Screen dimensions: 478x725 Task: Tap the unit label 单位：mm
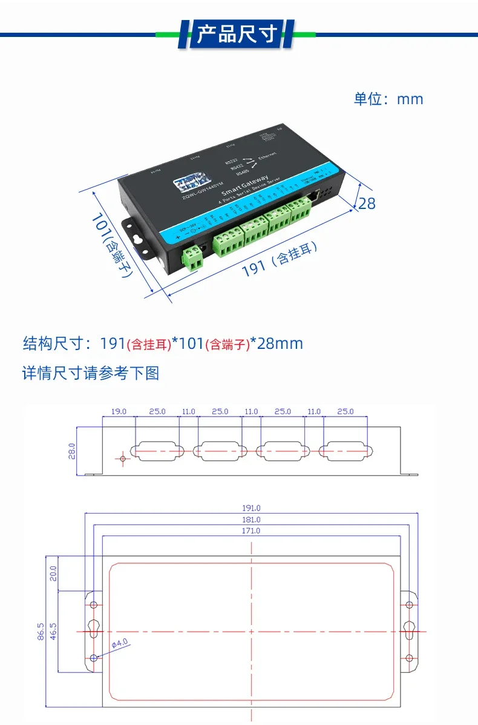(388, 99)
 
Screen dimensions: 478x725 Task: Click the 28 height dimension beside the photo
(367, 203)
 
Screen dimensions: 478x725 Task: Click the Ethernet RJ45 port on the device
(314, 196)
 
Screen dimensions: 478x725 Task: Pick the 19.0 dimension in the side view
(119, 412)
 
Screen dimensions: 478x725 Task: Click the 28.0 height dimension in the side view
(71, 451)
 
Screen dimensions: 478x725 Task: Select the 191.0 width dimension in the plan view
(251, 509)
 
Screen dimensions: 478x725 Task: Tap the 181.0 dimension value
(251, 520)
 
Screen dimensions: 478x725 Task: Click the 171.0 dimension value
(251, 531)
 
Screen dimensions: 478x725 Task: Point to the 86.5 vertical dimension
(41, 631)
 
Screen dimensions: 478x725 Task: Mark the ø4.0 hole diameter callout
(120, 643)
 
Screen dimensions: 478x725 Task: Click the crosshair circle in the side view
(123, 459)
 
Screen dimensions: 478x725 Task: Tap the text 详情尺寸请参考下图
(91, 373)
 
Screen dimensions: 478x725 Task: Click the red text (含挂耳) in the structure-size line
(148, 345)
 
